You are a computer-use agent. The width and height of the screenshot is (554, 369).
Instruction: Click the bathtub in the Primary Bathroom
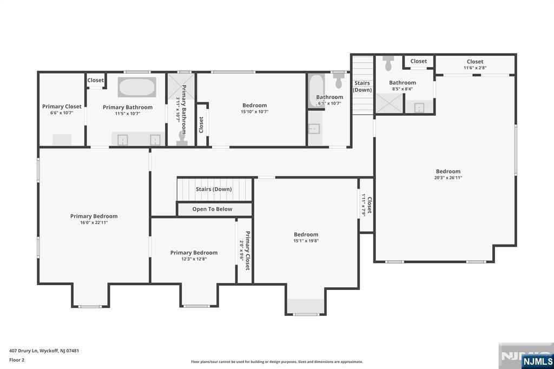coord(137,87)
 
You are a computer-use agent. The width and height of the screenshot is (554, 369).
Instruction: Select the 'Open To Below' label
coord(212,209)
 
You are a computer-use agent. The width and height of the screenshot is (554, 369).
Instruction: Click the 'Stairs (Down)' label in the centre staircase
coord(214,189)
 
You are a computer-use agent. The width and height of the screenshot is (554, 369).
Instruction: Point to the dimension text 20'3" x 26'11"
coord(448,177)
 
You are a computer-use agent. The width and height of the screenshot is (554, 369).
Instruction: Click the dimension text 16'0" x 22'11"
coord(94,222)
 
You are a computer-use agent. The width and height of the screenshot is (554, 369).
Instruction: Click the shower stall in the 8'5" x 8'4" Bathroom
coord(389,103)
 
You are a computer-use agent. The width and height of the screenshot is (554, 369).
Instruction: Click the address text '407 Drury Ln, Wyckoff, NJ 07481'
coord(44,351)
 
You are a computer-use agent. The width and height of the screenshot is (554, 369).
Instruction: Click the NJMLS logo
coord(537,361)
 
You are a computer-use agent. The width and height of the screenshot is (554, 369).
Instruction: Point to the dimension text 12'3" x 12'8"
coord(194,259)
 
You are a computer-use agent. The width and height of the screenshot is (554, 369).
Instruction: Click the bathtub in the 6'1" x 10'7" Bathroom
coord(315,91)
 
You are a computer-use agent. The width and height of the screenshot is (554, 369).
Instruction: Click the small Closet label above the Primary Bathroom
coord(95,80)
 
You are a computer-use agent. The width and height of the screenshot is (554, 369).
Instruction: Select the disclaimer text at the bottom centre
coord(276,361)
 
